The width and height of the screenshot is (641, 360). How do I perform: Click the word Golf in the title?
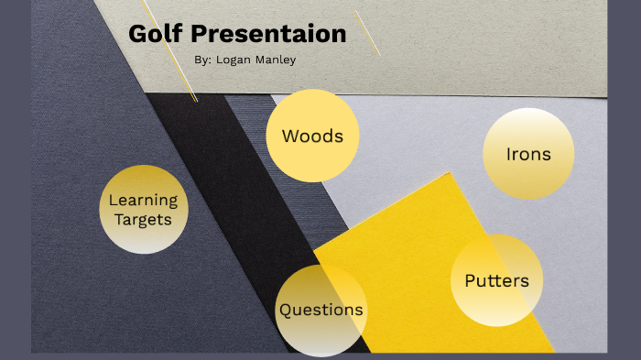coord(157,35)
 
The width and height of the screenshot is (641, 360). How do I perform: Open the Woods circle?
coord(312,135)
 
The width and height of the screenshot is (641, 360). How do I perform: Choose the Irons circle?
coord(528,153)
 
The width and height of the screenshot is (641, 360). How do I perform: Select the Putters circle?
coord(496,280)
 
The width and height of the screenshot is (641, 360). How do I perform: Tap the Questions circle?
coord(320,310)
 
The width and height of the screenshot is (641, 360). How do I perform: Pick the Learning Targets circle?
coord(143,209)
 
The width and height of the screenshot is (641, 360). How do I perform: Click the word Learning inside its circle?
coord(143,200)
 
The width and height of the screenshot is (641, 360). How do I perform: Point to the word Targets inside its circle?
coord(143,220)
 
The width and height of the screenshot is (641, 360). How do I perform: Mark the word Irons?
coord(528,154)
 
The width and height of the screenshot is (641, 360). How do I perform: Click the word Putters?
coord(496,280)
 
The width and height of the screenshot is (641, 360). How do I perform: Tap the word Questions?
coord(320,310)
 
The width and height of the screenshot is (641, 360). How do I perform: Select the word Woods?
coord(312,136)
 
